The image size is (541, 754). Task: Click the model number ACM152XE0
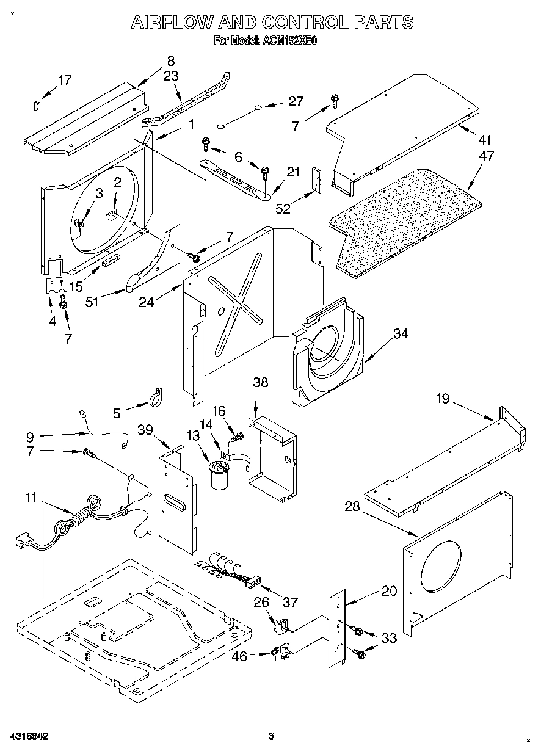click(290, 42)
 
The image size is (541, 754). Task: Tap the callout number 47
click(487, 156)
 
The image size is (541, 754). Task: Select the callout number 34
click(401, 333)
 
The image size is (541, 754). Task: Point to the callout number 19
click(443, 399)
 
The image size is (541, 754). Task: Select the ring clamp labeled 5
click(154, 398)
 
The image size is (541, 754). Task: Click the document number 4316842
click(29, 736)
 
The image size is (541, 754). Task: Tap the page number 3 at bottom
click(271, 736)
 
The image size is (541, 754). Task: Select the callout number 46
click(241, 657)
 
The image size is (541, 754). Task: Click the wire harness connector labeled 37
click(252, 580)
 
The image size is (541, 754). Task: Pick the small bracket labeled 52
click(316, 179)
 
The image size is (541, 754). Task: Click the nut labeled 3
click(79, 224)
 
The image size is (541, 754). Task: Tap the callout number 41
click(485, 139)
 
